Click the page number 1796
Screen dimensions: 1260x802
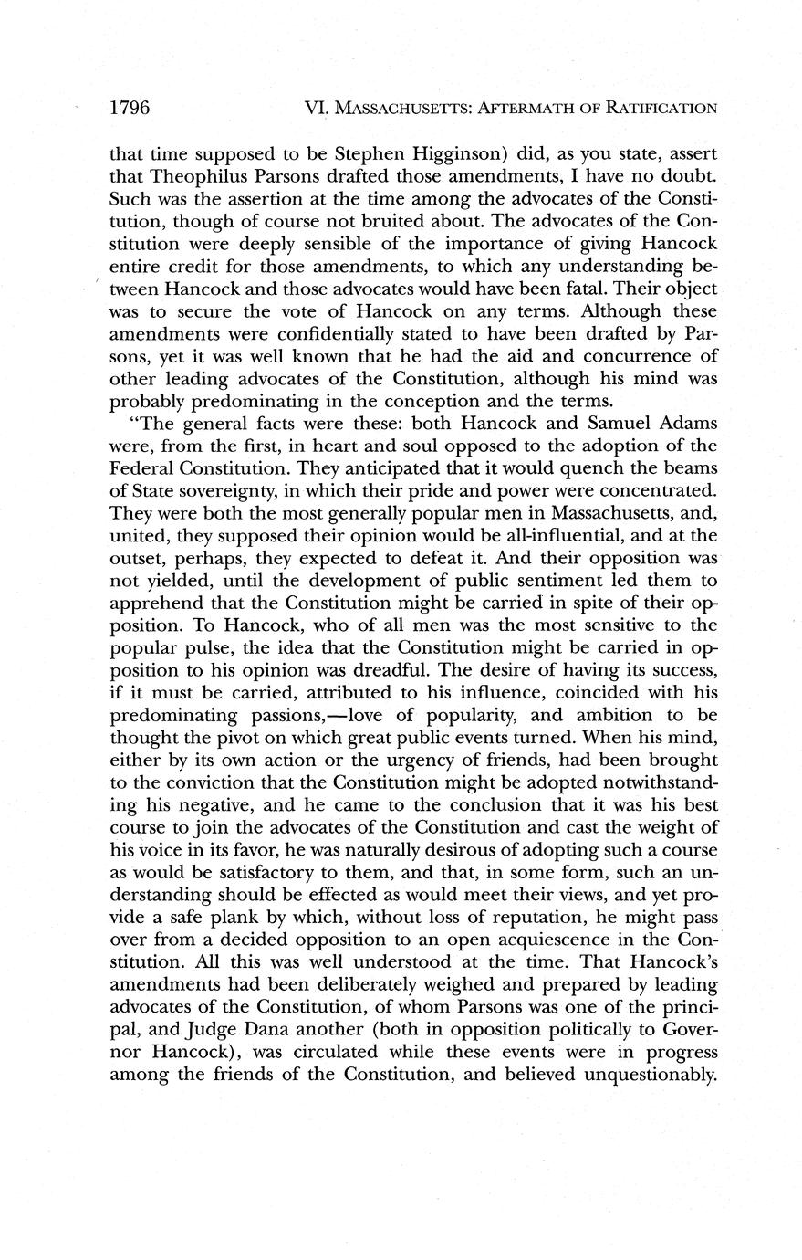tap(129, 108)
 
